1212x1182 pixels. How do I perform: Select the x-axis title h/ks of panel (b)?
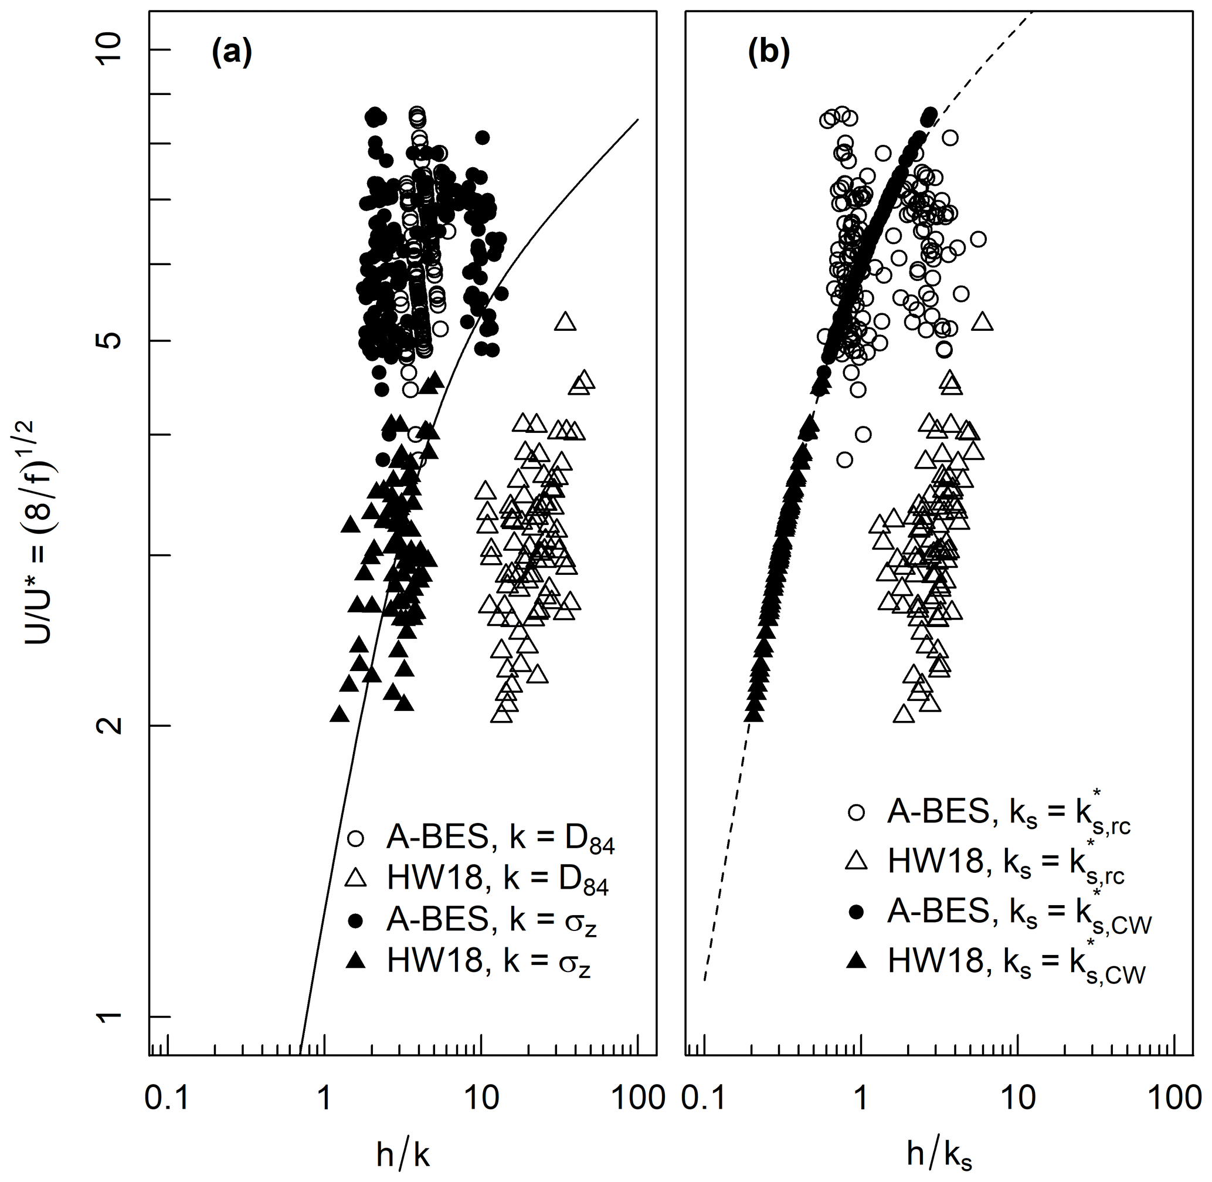pyautogui.click(x=939, y=1154)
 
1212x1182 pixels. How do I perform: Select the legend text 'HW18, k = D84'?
pyautogui.click(x=497, y=880)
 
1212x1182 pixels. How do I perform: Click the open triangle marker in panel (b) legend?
pyautogui.click(x=857, y=861)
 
